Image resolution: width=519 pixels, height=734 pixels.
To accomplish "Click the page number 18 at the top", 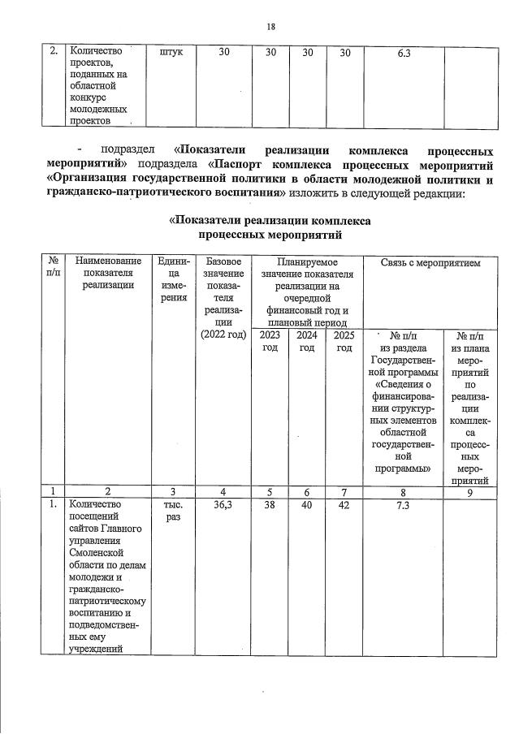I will tap(271, 26).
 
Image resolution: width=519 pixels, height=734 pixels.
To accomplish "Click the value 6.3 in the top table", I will tap(404, 53).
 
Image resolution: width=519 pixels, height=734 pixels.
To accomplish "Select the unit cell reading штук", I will tap(172, 53).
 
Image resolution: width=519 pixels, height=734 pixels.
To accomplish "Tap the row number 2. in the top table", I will tap(53, 53).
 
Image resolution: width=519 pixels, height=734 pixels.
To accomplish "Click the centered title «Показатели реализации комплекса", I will tap(270, 221).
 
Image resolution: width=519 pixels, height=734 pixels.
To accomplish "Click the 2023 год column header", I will tap(270, 341).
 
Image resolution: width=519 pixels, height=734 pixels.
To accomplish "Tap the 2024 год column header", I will tap(307, 341).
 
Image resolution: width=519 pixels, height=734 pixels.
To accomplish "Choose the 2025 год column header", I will tap(344, 341).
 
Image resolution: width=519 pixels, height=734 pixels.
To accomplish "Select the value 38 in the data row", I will tap(270, 504).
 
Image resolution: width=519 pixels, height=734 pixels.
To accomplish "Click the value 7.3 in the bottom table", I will tap(404, 504).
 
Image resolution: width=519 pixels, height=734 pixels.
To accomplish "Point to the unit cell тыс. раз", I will tap(172, 511).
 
